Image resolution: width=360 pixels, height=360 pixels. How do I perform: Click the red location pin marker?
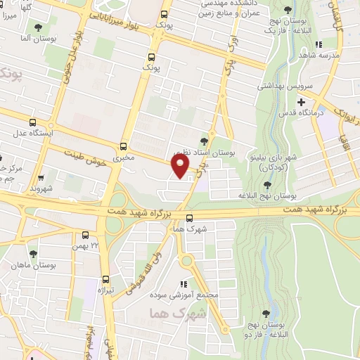(180, 166)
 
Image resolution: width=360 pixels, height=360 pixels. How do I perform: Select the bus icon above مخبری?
(124, 147)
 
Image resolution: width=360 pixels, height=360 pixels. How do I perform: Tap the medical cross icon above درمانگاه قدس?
(301, 103)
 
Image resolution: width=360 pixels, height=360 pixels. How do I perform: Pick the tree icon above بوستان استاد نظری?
(204, 141)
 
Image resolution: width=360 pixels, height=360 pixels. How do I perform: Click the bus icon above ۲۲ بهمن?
(85, 236)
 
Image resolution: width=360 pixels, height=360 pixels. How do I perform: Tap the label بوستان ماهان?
(27, 264)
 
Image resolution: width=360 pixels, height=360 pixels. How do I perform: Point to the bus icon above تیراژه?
(105, 279)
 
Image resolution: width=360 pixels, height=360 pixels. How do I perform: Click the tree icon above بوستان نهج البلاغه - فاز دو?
(265, 314)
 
